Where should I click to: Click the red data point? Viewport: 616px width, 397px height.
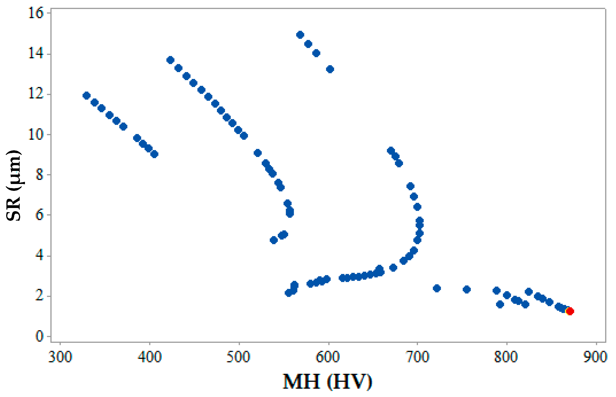570,311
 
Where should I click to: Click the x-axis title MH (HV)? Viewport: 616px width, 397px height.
327,381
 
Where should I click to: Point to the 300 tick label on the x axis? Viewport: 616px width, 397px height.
60,357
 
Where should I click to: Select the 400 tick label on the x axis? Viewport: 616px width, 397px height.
150,357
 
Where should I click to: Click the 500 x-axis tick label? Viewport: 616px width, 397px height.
238,357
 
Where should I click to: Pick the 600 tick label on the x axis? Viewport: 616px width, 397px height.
328,357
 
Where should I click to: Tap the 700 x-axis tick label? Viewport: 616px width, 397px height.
417,357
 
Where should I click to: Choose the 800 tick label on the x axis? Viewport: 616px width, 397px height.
506,357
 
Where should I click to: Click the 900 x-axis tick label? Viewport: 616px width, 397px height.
595,357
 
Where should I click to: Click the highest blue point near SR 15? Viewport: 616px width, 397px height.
300,35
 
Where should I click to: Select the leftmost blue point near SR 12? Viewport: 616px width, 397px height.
86,96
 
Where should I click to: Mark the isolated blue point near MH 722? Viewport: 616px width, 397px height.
437,288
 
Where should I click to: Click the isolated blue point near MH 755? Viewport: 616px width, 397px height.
467,289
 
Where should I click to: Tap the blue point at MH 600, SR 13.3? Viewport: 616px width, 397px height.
330,69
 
